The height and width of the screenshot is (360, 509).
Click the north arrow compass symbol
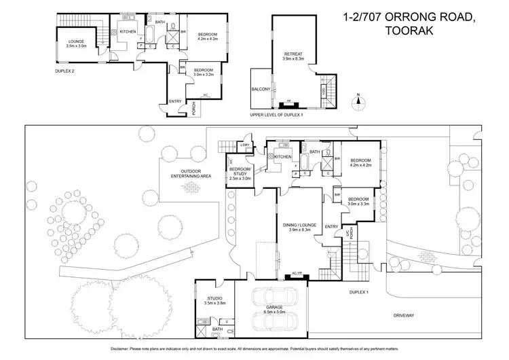(x=358, y=103)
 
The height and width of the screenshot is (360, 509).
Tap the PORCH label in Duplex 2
(x=194, y=109)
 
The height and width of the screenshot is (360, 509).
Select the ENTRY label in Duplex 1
(x=331, y=226)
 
